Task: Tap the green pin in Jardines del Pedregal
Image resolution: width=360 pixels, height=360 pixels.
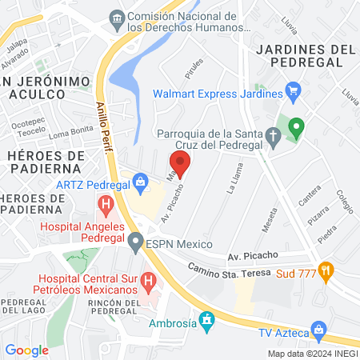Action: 296,127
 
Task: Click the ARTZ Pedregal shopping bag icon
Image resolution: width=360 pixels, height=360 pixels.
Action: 141,182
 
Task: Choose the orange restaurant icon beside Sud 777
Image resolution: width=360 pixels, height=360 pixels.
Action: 326,270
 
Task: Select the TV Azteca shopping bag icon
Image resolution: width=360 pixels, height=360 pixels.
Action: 319,330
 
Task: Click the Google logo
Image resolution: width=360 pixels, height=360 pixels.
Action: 26,350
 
